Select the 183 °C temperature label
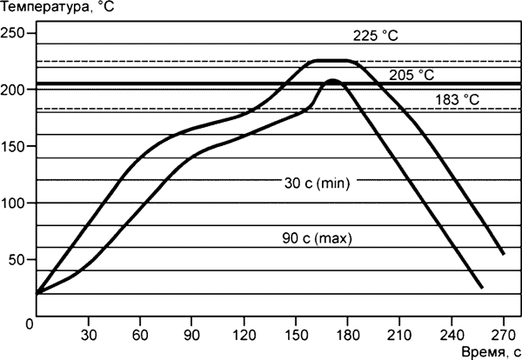tap(458, 100)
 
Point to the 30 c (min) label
tap(316, 183)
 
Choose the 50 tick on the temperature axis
tap(16, 259)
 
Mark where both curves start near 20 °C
tap(37, 293)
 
